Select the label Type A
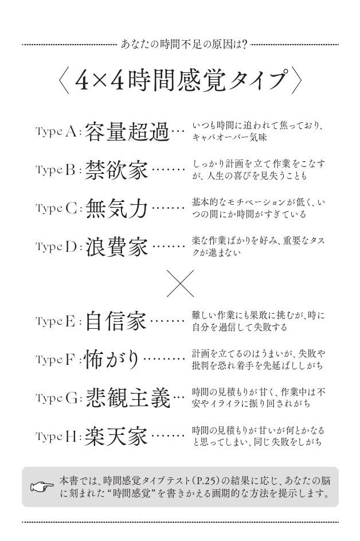[57, 133]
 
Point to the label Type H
[57, 438]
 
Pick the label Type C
[57, 209]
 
